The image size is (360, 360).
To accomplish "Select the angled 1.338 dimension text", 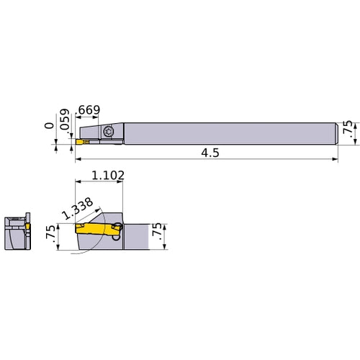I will pos(77,209).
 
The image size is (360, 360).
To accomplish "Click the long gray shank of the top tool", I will pos(230,132).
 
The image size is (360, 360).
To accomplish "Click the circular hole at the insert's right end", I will pos(117,232).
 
